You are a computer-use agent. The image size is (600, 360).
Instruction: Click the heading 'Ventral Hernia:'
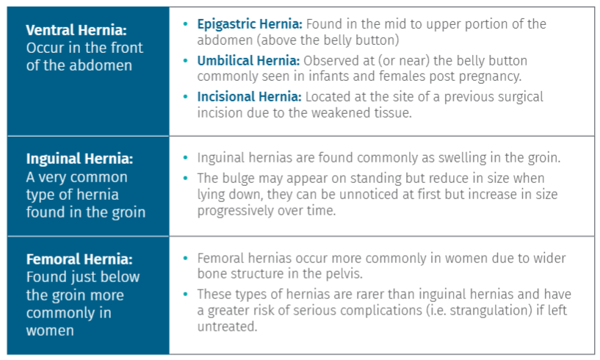76,30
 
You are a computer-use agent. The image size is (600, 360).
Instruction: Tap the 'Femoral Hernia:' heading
79,259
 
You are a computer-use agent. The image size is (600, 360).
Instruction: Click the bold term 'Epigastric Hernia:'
249,24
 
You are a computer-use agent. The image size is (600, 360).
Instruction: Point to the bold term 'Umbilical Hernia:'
247,60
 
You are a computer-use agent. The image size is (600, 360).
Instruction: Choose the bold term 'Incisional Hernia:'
249,96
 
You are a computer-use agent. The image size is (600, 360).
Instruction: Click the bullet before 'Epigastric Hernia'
185,24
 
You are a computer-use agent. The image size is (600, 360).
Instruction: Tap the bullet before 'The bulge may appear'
185,178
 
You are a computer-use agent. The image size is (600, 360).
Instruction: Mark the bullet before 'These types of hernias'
185,294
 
